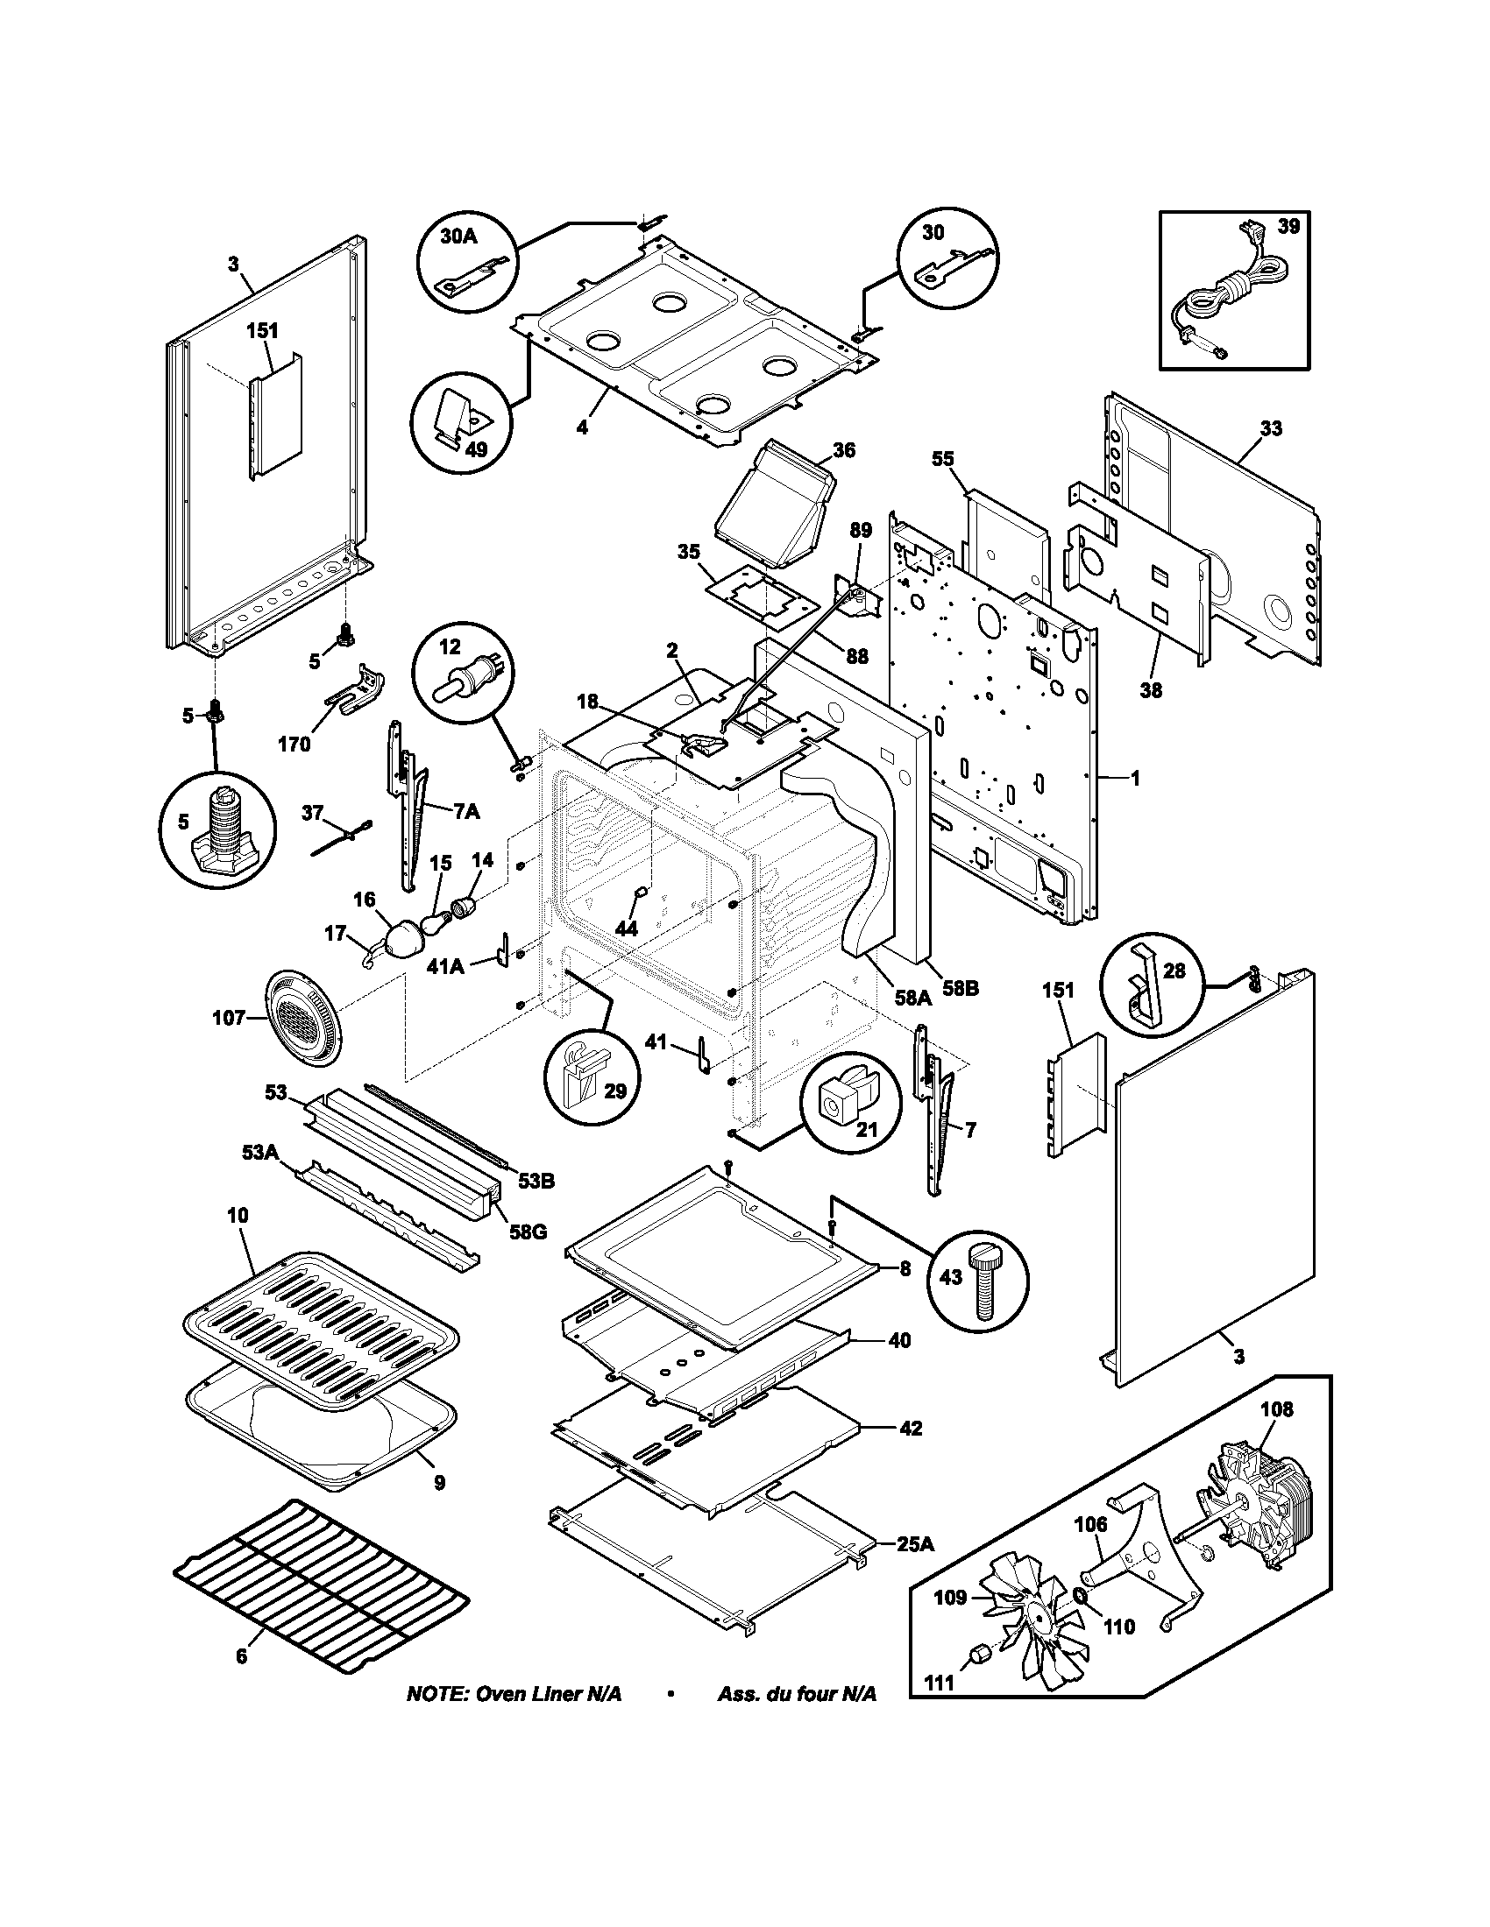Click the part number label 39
(x=1288, y=227)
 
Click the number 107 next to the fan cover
(x=228, y=1018)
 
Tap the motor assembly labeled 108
(x=1254, y=1511)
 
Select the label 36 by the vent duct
(x=844, y=450)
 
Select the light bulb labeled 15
(x=432, y=923)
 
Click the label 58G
(x=527, y=1230)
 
